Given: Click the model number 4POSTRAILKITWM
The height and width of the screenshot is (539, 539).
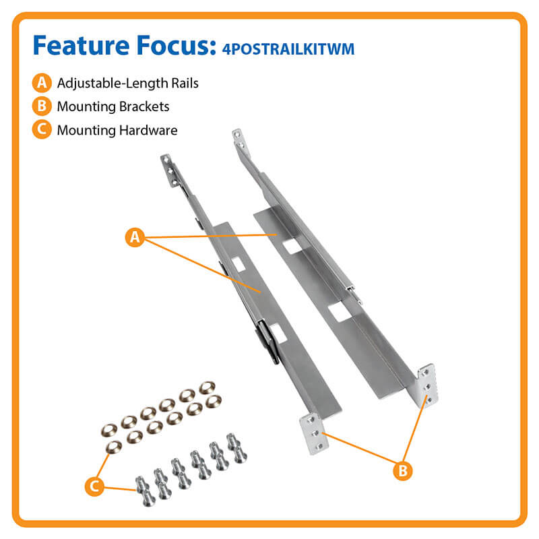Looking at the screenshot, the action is click(x=288, y=49).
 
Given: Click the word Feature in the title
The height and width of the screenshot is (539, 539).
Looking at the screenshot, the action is click(x=81, y=45).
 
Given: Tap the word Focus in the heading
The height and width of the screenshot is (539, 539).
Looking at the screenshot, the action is click(x=177, y=45).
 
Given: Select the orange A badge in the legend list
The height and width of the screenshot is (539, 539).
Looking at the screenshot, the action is click(x=42, y=83).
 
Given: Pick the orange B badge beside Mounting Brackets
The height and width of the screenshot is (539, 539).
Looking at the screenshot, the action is click(x=42, y=106).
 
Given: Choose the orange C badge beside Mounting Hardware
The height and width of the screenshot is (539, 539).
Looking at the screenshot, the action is click(x=42, y=129).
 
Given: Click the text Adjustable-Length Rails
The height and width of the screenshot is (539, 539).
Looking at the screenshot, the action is click(x=128, y=84).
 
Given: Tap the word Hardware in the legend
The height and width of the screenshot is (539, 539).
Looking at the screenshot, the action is click(x=148, y=130).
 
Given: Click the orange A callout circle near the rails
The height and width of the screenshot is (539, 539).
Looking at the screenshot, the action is click(x=135, y=237).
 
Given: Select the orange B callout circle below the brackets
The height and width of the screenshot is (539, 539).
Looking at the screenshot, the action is click(x=402, y=470).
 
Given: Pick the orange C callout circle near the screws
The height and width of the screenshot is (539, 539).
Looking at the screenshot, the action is click(x=94, y=486).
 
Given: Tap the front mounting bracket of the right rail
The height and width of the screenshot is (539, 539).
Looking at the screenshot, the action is click(x=427, y=385).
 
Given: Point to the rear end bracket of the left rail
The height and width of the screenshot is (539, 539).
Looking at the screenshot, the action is click(x=170, y=170).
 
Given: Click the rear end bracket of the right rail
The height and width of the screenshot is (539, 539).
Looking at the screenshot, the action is click(x=239, y=140).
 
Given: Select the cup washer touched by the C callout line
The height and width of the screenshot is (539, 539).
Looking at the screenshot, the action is click(x=113, y=447).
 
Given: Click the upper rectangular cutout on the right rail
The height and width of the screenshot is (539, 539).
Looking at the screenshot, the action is click(x=292, y=246).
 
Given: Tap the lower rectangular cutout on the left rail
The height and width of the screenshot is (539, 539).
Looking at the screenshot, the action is click(x=278, y=334).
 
